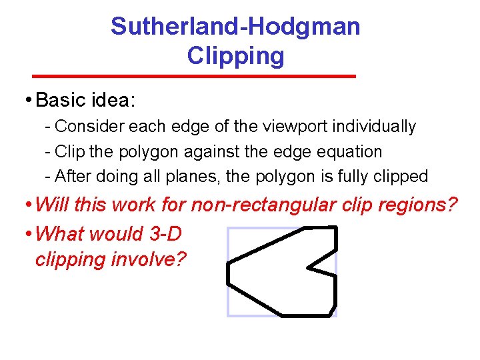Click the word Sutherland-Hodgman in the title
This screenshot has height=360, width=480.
235,27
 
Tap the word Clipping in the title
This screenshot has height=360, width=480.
235,56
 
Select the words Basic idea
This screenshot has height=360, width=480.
85,100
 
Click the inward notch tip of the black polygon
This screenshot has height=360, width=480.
308,269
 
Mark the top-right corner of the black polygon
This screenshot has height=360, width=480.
336,228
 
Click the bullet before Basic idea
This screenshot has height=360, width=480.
28,101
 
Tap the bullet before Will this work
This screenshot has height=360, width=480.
28,205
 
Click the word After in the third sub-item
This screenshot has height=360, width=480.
70,177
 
